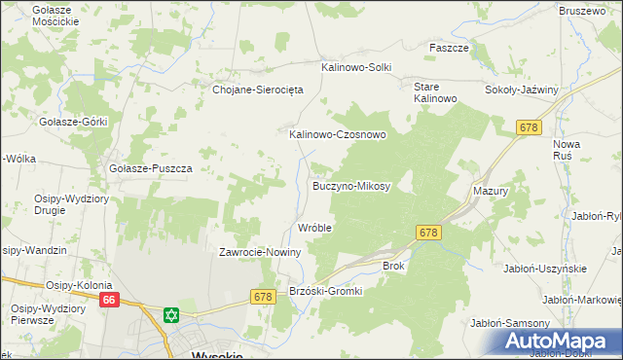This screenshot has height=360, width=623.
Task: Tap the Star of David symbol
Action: tap(171, 315)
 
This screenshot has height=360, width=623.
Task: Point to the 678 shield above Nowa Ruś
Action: tap(529, 127)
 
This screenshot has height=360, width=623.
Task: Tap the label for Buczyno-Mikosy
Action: tap(350, 185)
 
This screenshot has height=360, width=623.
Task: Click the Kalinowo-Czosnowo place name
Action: tap(337, 135)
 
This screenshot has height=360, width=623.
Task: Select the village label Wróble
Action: tap(314, 228)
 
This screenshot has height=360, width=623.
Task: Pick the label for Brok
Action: tap(393, 265)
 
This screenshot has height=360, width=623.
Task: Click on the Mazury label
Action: tap(491, 192)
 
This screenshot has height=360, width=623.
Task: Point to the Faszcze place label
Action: tap(450, 48)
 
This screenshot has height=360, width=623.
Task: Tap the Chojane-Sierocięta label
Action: tap(259, 89)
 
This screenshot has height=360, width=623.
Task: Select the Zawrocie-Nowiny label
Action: tap(260, 252)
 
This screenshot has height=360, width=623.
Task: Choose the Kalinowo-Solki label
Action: tap(356, 67)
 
